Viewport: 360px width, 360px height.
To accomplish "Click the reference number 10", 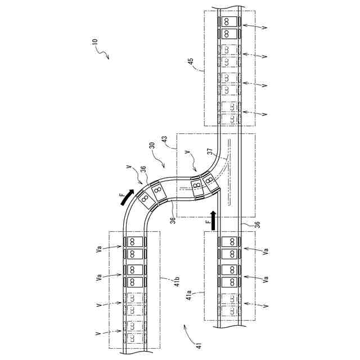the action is tap(95, 42).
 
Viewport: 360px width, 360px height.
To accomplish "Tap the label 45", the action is tap(191, 61).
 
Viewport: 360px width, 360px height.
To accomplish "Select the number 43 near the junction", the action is tap(165, 140).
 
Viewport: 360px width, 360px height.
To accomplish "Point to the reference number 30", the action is tap(152, 146).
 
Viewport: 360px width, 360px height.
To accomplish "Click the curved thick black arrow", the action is tap(126, 197).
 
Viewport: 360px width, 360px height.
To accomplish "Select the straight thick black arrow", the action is tap(214, 220).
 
